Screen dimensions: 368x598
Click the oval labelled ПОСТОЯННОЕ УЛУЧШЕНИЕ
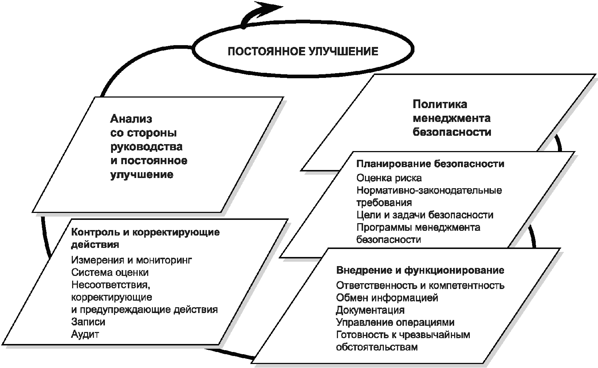point(303,51)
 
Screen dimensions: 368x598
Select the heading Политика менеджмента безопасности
point(452,118)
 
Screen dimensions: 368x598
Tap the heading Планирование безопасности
point(430,164)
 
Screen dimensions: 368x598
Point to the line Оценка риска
point(389,178)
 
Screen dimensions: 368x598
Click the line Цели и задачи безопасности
point(425,215)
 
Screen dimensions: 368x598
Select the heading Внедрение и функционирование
point(420,270)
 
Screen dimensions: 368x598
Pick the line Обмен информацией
point(387,298)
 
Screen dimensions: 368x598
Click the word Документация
point(370,310)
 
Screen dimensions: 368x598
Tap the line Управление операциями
point(395,323)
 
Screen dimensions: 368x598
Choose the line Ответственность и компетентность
point(420,285)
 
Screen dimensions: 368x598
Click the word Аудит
point(85,334)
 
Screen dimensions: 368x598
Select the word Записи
point(88,322)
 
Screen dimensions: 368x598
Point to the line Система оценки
point(110,272)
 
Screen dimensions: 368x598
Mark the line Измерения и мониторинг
point(131,260)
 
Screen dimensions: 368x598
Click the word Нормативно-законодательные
point(429,190)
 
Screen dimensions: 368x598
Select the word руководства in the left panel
point(146,147)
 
